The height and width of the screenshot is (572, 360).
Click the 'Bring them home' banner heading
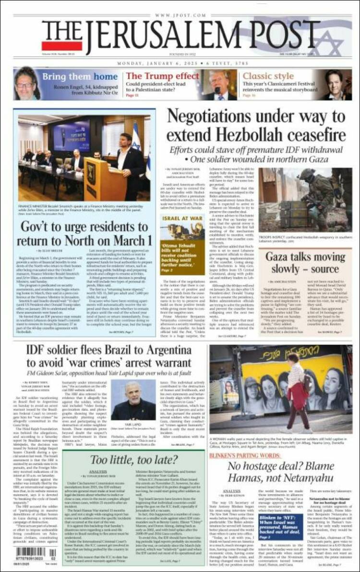pyautogui.click(x=80, y=77)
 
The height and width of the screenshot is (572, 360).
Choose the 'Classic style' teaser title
pyautogui.click(x=268, y=76)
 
